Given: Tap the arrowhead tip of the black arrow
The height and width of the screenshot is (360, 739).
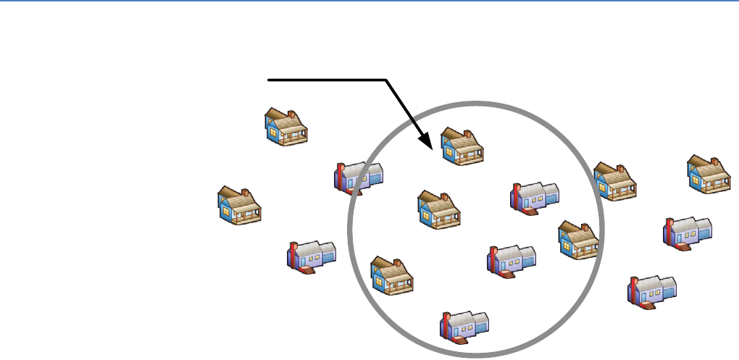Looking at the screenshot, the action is pyautogui.click(x=433, y=149).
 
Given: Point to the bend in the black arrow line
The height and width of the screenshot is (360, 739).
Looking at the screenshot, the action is pyautogui.click(x=385, y=79).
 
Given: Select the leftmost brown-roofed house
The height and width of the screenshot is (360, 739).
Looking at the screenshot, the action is pyautogui.click(x=240, y=205).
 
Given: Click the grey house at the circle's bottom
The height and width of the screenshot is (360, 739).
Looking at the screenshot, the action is pyautogui.click(x=465, y=326).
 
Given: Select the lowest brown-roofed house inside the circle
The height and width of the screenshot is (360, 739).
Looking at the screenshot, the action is pyautogui.click(x=392, y=276).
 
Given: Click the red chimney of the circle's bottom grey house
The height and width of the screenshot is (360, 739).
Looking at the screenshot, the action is pyautogui.click(x=448, y=325).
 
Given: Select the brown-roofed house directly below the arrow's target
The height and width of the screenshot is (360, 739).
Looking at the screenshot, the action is pyautogui.click(x=439, y=211).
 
